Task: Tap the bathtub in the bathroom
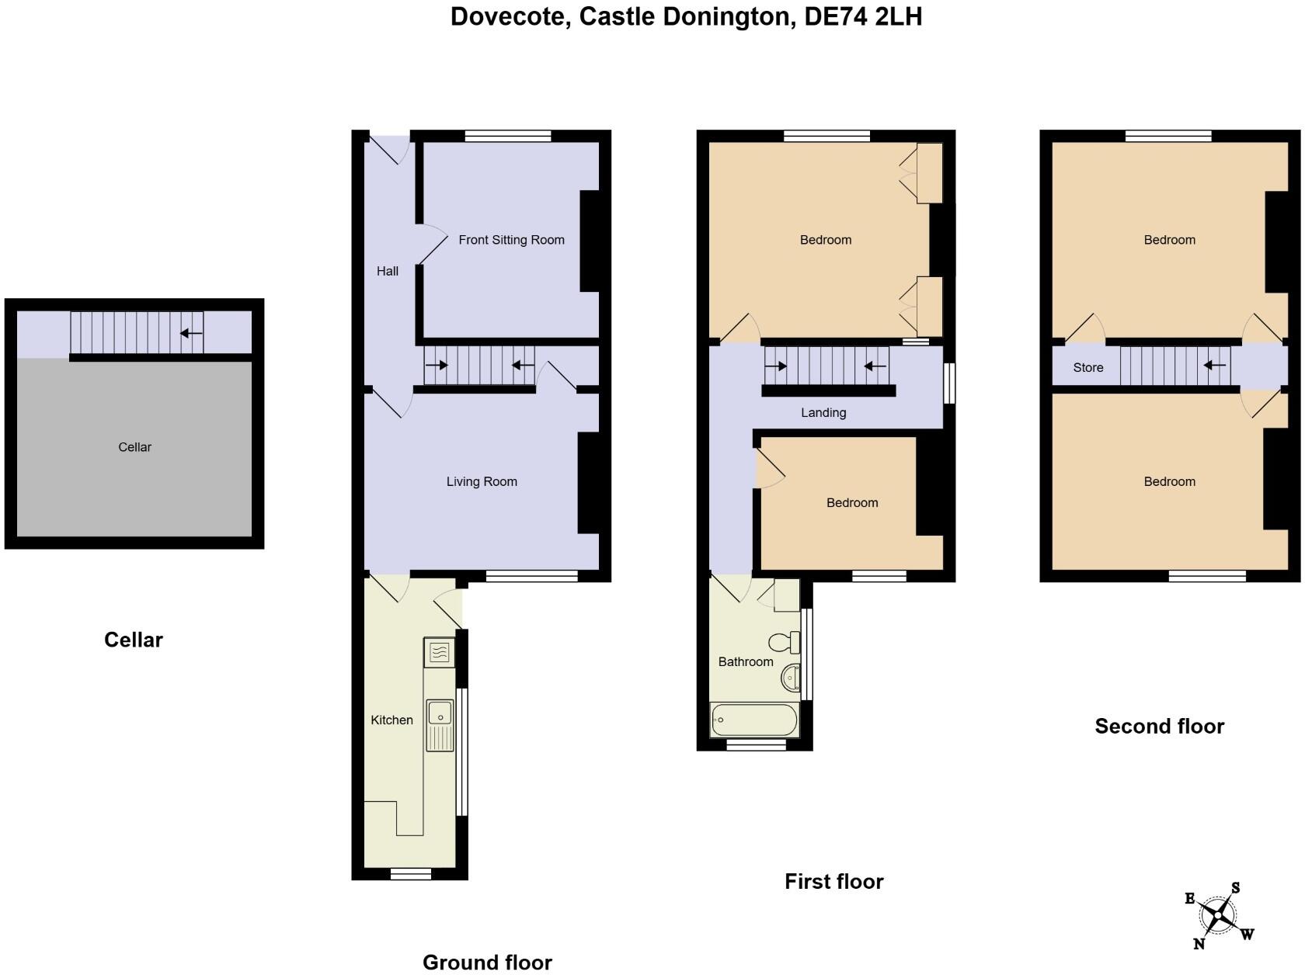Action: tap(753, 720)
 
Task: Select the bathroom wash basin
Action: tap(790, 678)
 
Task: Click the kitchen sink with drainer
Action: tap(440, 724)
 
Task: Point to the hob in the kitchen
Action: tap(439, 653)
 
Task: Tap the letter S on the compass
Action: tap(1235, 888)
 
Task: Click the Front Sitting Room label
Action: tap(511, 240)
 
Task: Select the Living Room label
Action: tap(482, 481)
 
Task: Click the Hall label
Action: tap(387, 271)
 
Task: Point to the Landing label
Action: tap(823, 412)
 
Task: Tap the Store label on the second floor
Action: tap(1087, 367)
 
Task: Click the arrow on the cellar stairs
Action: tap(191, 333)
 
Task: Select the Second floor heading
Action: tap(1159, 726)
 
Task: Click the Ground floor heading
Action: tap(487, 962)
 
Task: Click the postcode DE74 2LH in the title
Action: tap(862, 16)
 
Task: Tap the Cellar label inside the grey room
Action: tap(134, 447)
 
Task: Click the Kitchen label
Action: tap(391, 720)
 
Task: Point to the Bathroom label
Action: tap(745, 661)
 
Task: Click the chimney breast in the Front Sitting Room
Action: tap(590, 241)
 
